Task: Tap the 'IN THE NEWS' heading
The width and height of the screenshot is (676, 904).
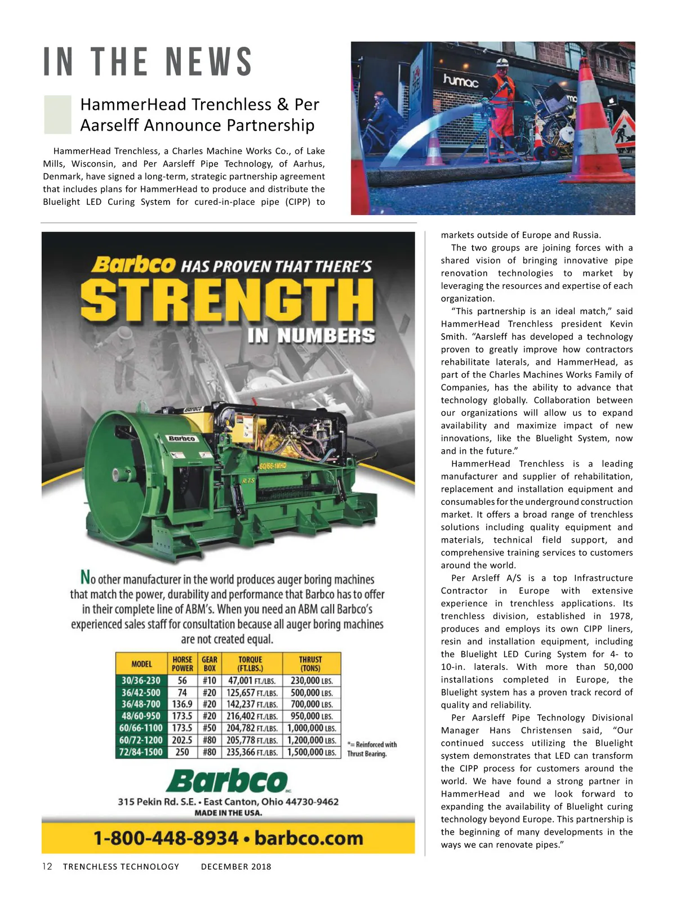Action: tap(148, 62)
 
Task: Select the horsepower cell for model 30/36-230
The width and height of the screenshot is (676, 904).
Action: tap(182, 681)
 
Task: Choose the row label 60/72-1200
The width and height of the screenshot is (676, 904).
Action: tap(141, 740)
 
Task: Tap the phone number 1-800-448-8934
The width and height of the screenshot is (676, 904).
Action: tap(166, 838)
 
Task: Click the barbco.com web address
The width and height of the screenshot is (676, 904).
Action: tap(309, 838)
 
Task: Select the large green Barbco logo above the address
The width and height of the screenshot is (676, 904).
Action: tap(227, 781)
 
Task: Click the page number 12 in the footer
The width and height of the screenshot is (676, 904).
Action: tap(47, 866)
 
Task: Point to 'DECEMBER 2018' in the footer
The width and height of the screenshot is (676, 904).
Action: tap(236, 867)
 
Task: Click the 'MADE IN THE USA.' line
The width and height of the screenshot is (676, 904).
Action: tap(228, 813)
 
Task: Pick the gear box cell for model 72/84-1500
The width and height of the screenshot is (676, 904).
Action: tap(209, 752)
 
